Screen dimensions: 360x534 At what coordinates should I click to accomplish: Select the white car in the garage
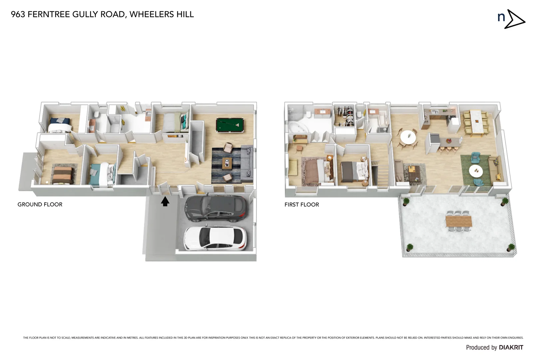pos(215,238)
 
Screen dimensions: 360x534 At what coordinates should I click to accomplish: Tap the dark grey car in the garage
pos(216,209)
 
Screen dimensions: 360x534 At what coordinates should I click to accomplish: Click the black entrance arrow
pos(165,201)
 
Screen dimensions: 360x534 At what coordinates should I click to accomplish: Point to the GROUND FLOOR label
pos(40,204)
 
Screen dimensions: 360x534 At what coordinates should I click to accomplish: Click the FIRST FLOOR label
pos(301,205)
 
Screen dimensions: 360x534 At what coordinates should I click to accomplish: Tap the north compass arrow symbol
pos(514,19)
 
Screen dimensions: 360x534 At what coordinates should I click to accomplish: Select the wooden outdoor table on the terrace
pos(458,221)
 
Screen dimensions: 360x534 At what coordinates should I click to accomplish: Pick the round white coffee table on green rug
pos(476,171)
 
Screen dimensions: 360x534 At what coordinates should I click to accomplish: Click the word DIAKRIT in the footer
pos(511,347)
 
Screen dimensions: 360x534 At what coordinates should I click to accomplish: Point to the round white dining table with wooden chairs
pos(408,137)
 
